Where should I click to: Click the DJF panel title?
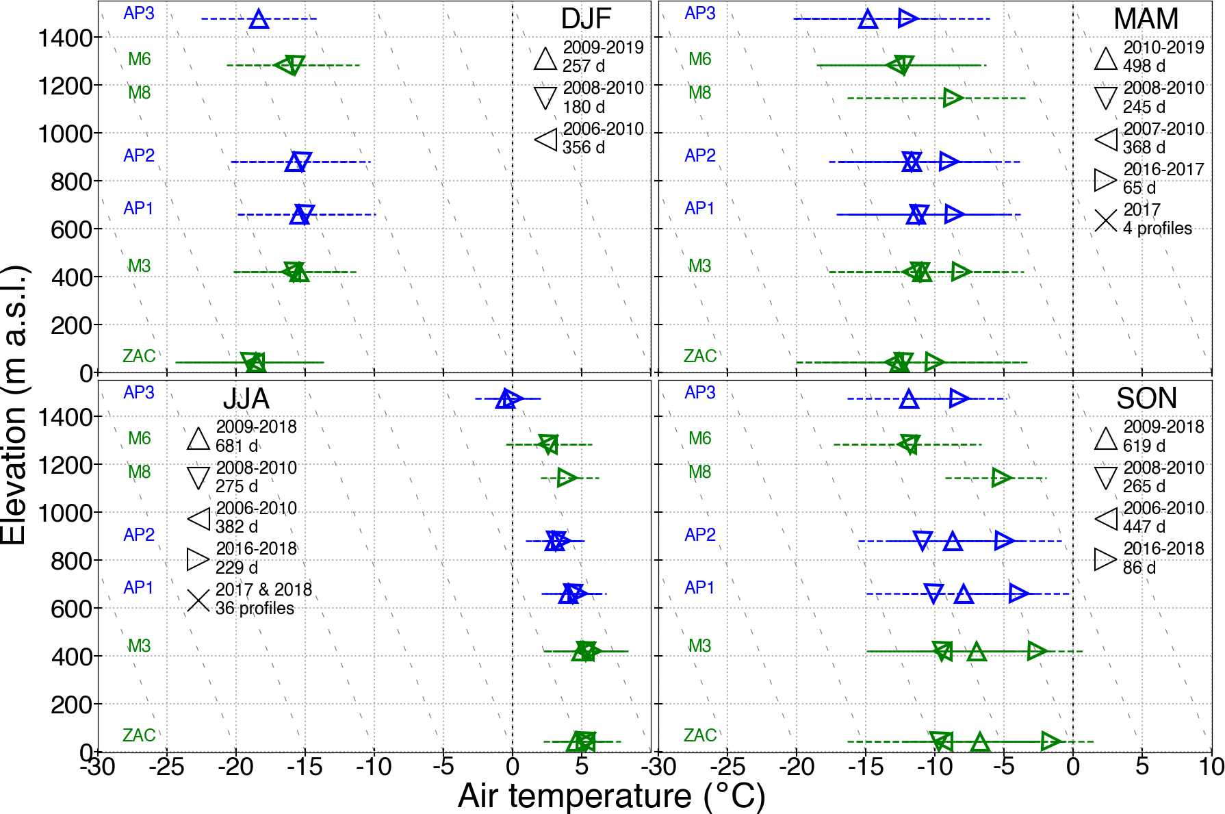click(x=586, y=19)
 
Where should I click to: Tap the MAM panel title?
click(x=1146, y=19)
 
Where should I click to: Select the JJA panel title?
click(x=246, y=398)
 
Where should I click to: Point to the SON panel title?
click(x=1146, y=398)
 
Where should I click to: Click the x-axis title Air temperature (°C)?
click(x=611, y=796)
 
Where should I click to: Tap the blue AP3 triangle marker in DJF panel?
click(x=259, y=19)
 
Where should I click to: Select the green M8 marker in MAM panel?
click(x=953, y=98)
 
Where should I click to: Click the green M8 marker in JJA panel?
click(x=567, y=477)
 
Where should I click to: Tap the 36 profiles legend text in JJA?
click(x=255, y=608)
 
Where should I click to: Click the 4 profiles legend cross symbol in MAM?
click(x=1105, y=220)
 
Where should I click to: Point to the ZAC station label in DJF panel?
click(x=139, y=356)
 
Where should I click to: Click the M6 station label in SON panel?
click(x=700, y=438)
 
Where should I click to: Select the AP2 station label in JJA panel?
click(x=139, y=535)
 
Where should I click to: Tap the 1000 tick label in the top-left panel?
click(x=65, y=133)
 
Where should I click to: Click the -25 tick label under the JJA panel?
click(x=166, y=767)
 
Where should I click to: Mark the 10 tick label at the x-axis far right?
click(x=1211, y=767)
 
